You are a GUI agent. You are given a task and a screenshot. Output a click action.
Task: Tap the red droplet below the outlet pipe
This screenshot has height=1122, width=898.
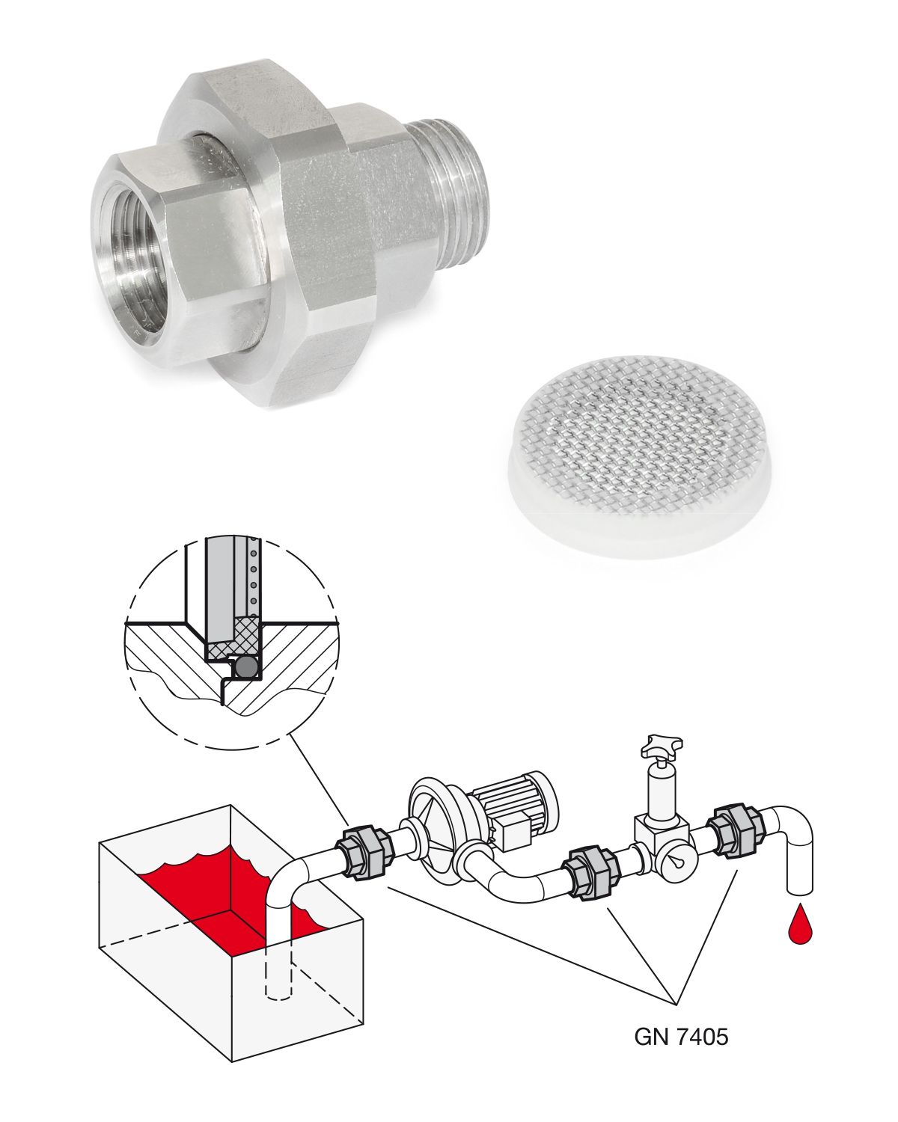click(800, 925)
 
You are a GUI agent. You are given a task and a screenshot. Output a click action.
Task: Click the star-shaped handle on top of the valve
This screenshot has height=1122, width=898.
click(659, 746)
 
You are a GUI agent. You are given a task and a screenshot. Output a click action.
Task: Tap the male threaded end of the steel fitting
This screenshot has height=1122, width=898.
click(456, 194)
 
